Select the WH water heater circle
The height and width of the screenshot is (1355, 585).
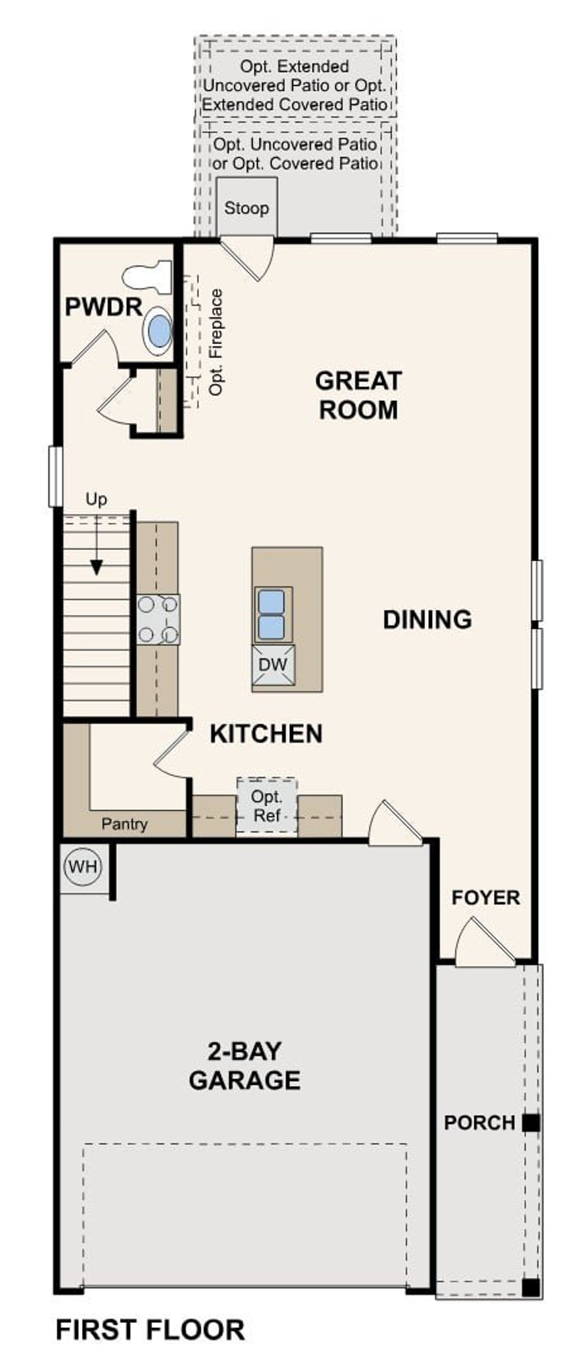click(83, 866)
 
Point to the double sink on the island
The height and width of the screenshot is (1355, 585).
click(272, 614)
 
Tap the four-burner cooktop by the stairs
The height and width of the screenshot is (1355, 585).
click(158, 619)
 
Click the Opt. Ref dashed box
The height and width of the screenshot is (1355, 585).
click(267, 805)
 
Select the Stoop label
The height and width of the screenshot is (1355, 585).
click(246, 208)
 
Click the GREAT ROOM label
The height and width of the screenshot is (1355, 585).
click(358, 395)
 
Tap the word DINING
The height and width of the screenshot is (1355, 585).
click(427, 619)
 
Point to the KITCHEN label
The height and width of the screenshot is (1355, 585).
click(266, 734)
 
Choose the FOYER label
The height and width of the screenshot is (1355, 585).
click(485, 897)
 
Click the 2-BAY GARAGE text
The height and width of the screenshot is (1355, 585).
click(245, 1066)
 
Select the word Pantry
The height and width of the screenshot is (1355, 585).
click(124, 824)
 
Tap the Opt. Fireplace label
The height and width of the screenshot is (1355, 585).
click(216, 342)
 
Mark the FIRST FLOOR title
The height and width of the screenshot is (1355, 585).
click(150, 1329)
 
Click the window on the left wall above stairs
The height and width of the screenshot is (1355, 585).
click(55, 476)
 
